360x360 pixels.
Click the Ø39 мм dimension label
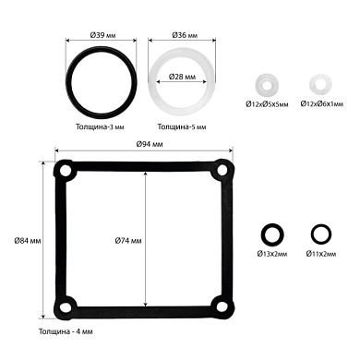[x=102, y=35]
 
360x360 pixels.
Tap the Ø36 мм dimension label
[x=185, y=35]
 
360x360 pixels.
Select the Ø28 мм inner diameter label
[x=182, y=77]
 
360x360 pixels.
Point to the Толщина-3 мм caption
[x=100, y=126]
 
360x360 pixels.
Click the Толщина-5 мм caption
[x=182, y=126]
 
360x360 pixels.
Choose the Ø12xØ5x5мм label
[x=267, y=104]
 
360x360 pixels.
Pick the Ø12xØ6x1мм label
[x=322, y=104]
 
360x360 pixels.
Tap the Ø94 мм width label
[x=150, y=144]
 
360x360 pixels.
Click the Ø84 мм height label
[x=28, y=241]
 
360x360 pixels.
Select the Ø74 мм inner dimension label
[x=128, y=241]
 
